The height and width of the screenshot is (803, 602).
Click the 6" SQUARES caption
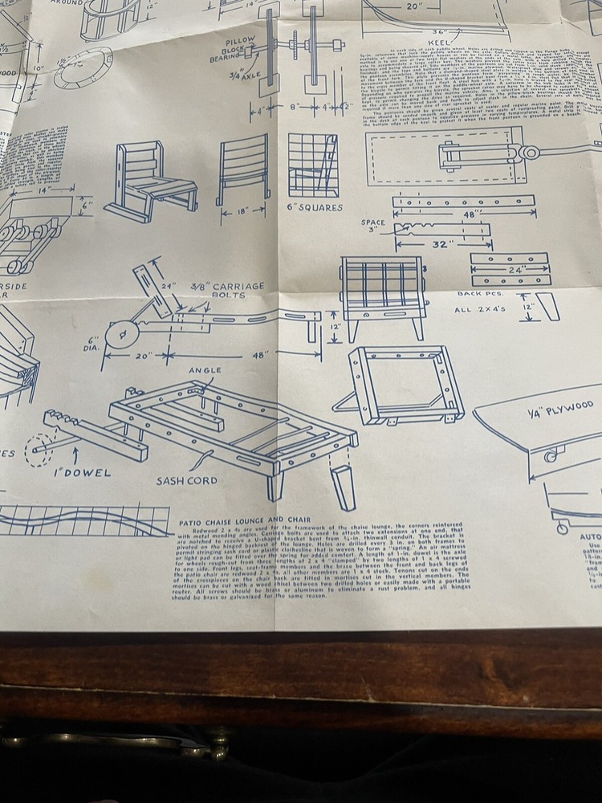click(x=315, y=207)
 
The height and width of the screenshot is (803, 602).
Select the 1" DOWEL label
click(x=83, y=473)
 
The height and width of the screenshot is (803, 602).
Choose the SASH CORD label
click(x=187, y=481)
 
